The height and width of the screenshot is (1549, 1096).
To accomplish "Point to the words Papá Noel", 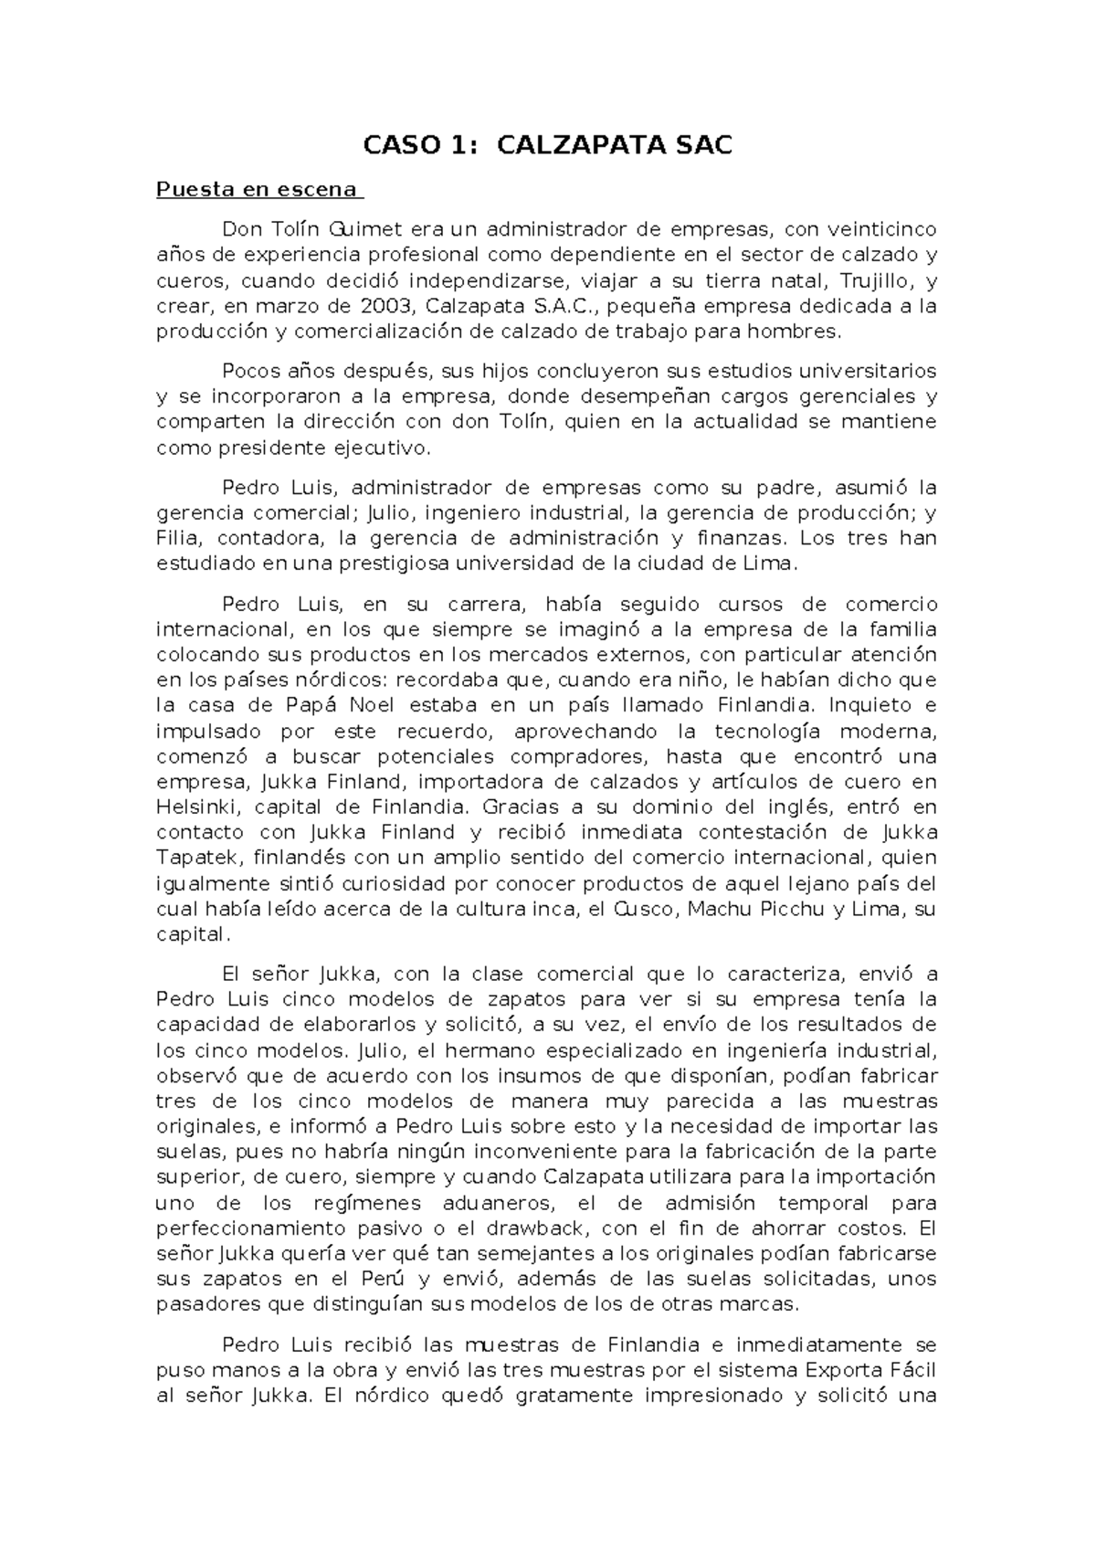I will click(x=324, y=705).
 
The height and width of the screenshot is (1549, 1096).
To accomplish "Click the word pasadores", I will click(x=205, y=1304).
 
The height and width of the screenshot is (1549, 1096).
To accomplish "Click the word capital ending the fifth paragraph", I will click(x=191, y=935).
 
